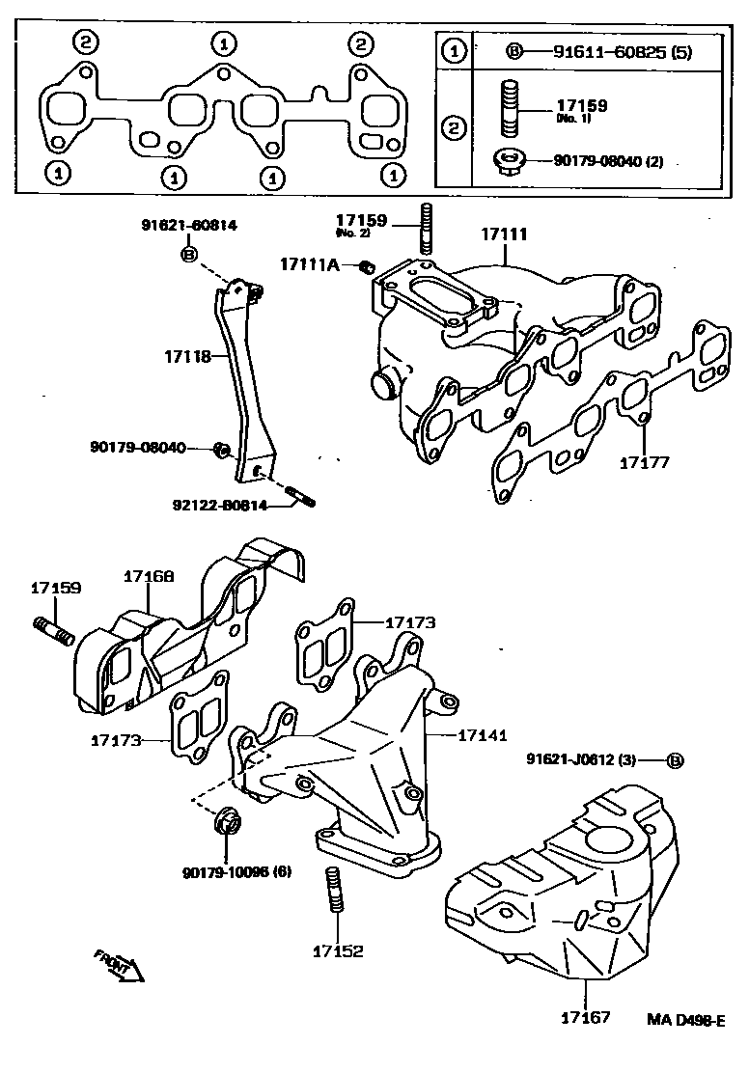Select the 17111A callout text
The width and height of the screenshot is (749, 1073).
pyautogui.click(x=310, y=264)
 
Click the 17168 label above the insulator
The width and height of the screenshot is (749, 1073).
pyautogui.click(x=149, y=576)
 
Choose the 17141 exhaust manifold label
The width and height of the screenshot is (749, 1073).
pyautogui.click(x=482, y=735)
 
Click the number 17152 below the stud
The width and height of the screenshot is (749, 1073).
pyautogui.click(x=337, y=950)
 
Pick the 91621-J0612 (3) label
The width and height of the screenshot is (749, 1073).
pyautogui.click(x=588, y=760)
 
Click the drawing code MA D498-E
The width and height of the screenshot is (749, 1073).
pyautogui.click(x=686, y=1019)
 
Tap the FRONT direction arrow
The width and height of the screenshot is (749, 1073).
pyautogui.click(x=119, y=964)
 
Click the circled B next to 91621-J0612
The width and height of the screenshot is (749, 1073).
pyautogui.click(x=676, y=760)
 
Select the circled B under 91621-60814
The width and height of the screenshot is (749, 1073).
pyautogui.click(x=188, y=255)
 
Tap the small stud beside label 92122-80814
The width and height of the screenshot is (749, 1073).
pyautogui.click(x=302, y=499)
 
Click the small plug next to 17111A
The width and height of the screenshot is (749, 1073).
pyautogui.click(x=365, y=266)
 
